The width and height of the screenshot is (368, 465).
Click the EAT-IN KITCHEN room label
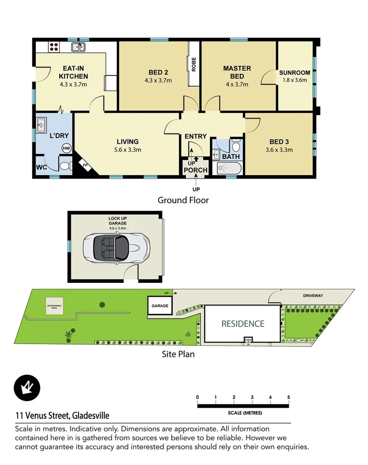pyautogui.click(x=73, y=72)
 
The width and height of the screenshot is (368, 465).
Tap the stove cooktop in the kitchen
pyautogui.click(x=53, y=47)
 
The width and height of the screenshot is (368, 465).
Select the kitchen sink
pyautogui.click(x=78, y=47)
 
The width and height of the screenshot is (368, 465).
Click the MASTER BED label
pyautogui.click(x=237, y=72)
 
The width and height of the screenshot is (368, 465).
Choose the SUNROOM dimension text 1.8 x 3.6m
pyautogui.click(x=295, y=80)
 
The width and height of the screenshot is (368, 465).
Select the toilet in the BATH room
pyautogui.click(x=236, y=146)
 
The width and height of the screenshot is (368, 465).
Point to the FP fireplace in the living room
pyautogui.click(x=85, y=165)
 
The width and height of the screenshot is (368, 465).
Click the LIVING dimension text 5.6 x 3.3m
pyautogui.click(x=127, y=150)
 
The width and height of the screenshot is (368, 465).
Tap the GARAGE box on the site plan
pyautogui.click(x=160, y=306)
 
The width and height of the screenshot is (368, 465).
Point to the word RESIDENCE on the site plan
pyautogui.click(x=243, y=324)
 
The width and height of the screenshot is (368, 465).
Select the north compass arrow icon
pyautogui.click(x=26, y=387)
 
